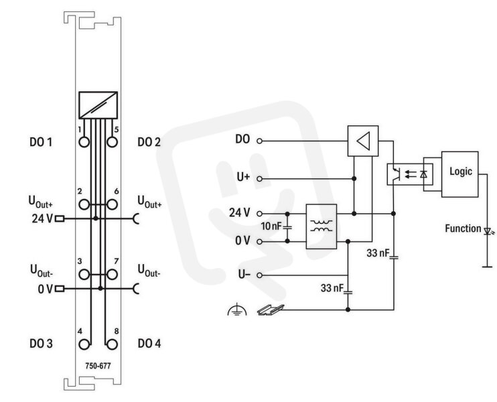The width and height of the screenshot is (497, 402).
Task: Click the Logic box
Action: tap(459, 174)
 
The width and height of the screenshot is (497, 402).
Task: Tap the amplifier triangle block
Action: tap(363, 141)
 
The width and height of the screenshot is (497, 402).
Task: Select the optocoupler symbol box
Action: tap(410, 174)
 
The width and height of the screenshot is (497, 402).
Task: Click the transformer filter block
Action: tap(321, 226)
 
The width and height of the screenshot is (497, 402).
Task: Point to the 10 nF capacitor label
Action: tap(271, 226)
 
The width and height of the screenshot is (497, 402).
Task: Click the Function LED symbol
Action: tap(488, 230)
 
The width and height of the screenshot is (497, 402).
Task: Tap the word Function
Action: tap(463, 228)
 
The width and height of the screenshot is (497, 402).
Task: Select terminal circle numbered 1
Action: tap(84, 142)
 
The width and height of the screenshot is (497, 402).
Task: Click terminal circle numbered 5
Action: tap(112, 142)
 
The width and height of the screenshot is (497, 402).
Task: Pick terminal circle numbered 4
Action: tap(84, 344)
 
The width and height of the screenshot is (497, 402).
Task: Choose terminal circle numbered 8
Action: tap(112, 344)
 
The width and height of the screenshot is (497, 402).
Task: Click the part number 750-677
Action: tap(98, 366)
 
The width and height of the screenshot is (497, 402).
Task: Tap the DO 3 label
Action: tap(41, 344)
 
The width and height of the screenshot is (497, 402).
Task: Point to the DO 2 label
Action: tap(149, 142)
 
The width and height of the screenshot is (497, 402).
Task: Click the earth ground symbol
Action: tap(237, 310)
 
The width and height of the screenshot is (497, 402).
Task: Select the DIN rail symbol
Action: tap(271, 310)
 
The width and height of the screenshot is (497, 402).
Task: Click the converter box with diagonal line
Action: tap(98, 105)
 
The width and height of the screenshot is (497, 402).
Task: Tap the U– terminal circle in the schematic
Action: tap(259, 275)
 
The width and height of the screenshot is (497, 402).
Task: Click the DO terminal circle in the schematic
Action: tap(259, 141)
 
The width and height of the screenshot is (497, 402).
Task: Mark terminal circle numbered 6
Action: tap(112, 204)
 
